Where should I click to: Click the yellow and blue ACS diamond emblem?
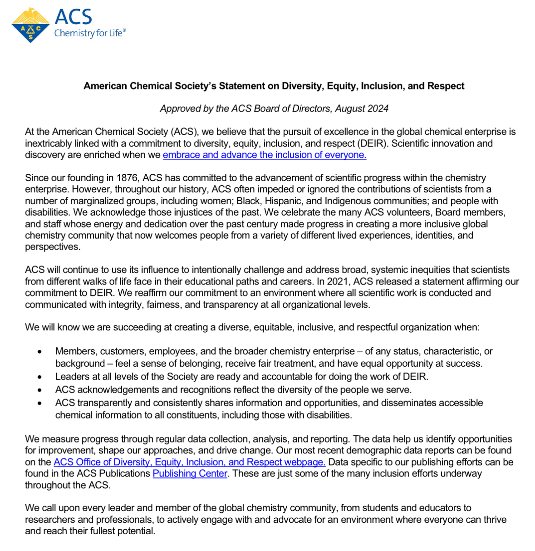[x=30, y=25]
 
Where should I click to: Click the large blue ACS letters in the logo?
[x=73, y=17]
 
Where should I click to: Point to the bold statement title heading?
[x=274, y=86]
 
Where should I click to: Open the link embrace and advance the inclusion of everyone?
[x=265, y=155]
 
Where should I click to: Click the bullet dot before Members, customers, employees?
[x=40, y=352]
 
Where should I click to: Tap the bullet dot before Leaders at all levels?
[x=40, y=377]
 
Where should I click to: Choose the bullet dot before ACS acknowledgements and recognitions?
[x=40, y=390]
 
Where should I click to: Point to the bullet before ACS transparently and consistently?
[x=40, y=403]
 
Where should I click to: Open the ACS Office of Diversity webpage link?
[x=189, y=462]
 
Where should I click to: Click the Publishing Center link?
[x=190, y=473]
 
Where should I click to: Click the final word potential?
[x=136, y=531]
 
